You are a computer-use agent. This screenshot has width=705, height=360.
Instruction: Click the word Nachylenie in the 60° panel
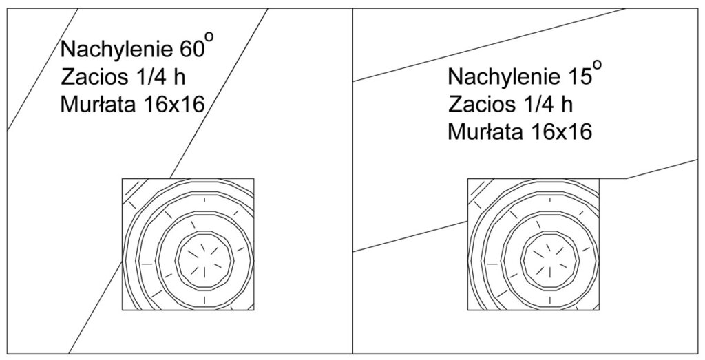pyautogui.click(x=114, y=50)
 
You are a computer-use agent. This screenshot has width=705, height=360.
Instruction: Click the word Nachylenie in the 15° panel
pyautogui.click(x=502, y=77)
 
